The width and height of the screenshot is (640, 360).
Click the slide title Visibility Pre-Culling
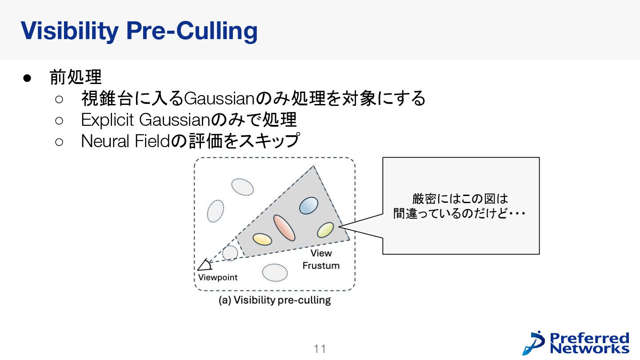(x=139, y=31)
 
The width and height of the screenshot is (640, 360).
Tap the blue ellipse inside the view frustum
(x=308, y=205)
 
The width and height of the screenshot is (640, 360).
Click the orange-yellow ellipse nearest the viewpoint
(x=262, y=239)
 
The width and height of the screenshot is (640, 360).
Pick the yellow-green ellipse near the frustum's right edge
(x=325, y=230)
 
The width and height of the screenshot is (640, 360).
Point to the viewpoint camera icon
(x=204, y=265)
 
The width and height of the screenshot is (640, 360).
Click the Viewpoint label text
(x=218, y=277)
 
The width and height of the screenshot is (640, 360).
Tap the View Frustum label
(x=321, y=259)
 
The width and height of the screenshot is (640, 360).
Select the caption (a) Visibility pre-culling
(x=275, y=300)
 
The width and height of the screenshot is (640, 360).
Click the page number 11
(x=320, y=349)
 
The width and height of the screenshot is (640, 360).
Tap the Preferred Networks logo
(x=576, y=343)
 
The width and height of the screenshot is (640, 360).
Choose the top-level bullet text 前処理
(x=76, y=77)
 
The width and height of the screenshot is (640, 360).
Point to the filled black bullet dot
(x=26, y=78)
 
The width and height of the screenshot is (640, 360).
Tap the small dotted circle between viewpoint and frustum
(x=230, y=253)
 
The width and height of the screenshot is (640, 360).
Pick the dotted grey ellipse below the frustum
(x=275, y=272)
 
